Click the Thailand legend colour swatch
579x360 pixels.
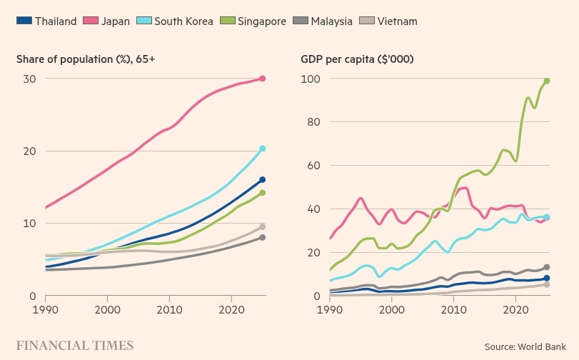pos(24,21)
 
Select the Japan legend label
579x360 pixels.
pos(115,21)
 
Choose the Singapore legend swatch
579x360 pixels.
pos(228,21)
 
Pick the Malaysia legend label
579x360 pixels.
pos(331,21)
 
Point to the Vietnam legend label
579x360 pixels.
pos(397,21)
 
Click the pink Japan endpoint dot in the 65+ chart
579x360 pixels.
pos(263,79)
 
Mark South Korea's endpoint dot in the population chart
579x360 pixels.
pos(263,149)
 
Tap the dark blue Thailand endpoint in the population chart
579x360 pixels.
pos(263,179)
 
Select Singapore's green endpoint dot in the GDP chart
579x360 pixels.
pos(547,81)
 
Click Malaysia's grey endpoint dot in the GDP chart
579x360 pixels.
pos(547,267)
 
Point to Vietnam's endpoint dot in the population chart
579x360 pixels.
pos(263,227)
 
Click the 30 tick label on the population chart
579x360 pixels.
pos(29,79)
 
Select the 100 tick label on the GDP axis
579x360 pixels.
pos(310,79)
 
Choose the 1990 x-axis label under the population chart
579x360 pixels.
pos(46,309)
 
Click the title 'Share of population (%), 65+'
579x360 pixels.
pos(86,59)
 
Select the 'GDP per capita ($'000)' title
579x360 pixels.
pos(357,59)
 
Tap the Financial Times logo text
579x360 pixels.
pos(75,346)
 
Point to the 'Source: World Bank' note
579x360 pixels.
pos(525,346)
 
